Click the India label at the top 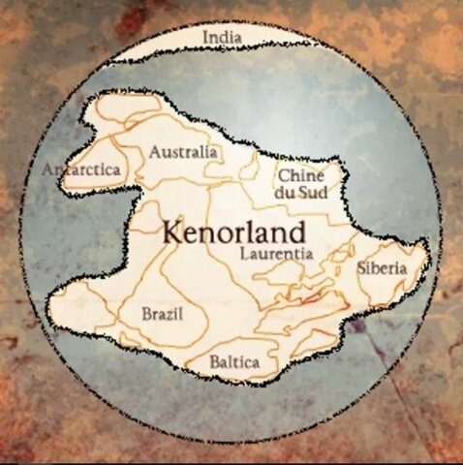pos(222,38)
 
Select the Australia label pos(182,152)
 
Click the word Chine pos(301,175)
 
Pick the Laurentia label pos(276,253)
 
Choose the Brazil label pos(161,314)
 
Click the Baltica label pos(234,362)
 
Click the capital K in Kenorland pos(170,232)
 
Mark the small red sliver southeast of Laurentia pos(312,299)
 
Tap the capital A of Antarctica pos(49,170)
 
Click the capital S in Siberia pos(360,267)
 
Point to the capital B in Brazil pos(146,314)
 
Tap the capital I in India pos(205,38)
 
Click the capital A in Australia pos(155,152)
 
